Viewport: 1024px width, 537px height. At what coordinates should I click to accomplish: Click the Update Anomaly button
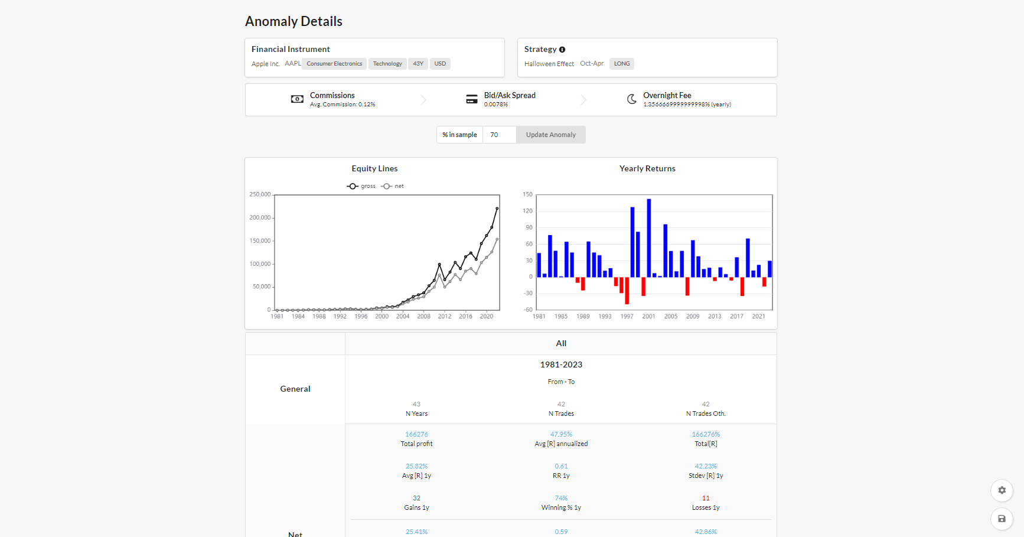coord(550,135)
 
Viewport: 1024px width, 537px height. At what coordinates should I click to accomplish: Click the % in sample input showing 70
coord(499,135)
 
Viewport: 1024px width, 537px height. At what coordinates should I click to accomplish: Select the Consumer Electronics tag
coord(334,64)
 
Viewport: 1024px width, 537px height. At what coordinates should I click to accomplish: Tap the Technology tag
coord(387,64)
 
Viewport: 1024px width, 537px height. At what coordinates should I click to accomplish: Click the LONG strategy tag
coord(621,64)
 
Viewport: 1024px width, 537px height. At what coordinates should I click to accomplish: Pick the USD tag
coord(440,64)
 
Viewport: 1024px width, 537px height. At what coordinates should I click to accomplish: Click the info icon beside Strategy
coord(562,50)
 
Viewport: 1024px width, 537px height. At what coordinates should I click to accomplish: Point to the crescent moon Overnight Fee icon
coord(631,99)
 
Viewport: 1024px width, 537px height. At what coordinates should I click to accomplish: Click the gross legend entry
coord(361,186)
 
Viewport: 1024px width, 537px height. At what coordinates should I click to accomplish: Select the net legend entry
coord(393,186)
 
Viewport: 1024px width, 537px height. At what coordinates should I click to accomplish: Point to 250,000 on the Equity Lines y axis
coord(260,194)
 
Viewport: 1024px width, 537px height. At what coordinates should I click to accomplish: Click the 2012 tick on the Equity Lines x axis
coord(445,317)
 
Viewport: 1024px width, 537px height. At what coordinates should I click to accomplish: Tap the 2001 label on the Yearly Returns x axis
coord(648,317)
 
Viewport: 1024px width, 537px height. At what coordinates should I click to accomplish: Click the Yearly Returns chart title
coord(647,169)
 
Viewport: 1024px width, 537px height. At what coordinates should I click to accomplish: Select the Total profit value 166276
coord(416,434)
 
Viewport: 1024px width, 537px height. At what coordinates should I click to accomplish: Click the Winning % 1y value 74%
coord(561,498)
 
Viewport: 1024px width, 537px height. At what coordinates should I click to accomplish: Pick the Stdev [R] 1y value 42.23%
coord(706,466)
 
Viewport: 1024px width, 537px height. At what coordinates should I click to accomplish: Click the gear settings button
coord(1002,490)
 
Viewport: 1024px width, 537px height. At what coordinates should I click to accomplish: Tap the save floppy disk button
coord(1002,519)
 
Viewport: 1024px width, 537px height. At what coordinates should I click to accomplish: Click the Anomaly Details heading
coord(293,21)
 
